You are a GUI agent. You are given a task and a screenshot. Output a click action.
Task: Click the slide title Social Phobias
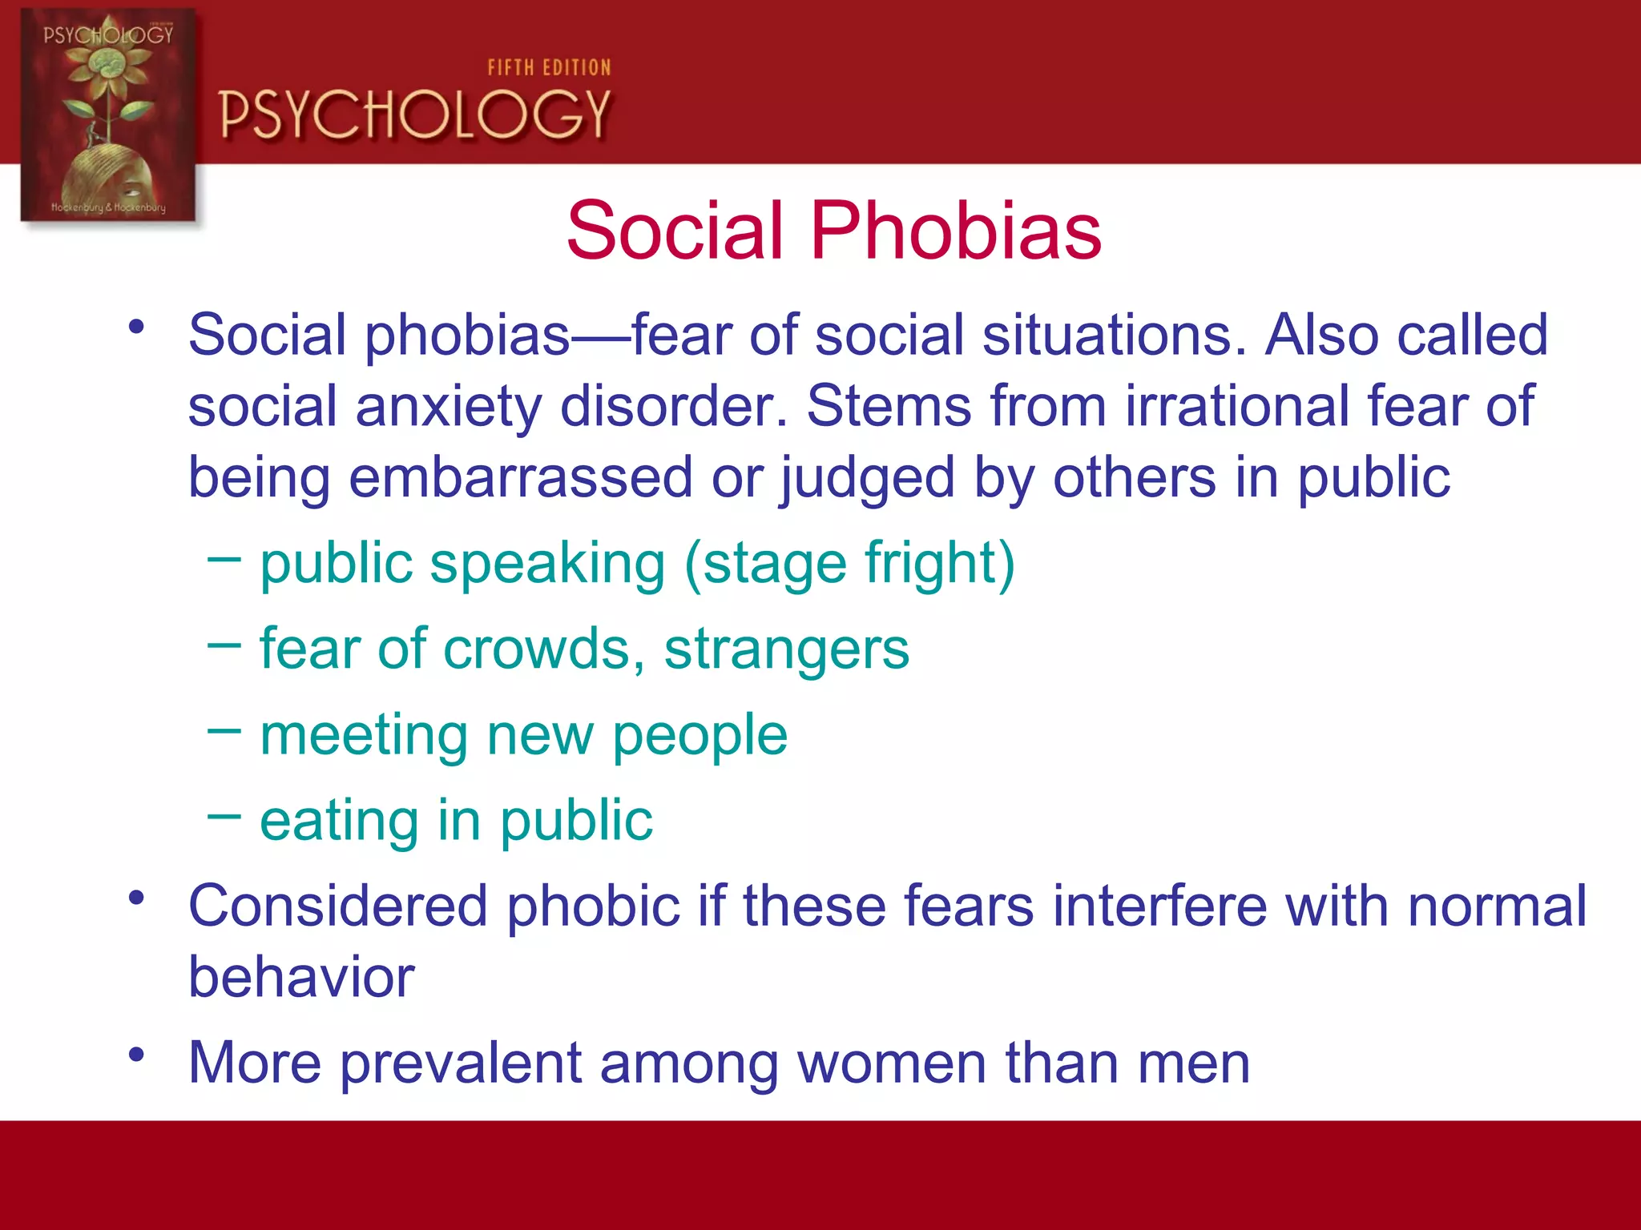click(x=833, y=231)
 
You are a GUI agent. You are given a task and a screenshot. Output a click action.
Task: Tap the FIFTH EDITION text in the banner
click(x=549, y=68)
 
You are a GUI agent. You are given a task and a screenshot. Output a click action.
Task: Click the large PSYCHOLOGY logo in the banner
click(x=415, y=115)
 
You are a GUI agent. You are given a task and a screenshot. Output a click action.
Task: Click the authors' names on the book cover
click(x=108, y=207)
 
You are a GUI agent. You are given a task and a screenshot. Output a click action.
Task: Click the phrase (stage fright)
click(x=849, y=564)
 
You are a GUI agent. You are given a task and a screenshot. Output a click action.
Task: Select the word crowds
click(x=545, y=648)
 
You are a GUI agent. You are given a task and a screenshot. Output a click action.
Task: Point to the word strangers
click(x=786, y=649)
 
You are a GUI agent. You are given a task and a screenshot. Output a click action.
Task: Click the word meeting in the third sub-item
click(x=364, y=735)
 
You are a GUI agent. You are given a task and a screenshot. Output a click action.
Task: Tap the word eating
click(x=339, y=822)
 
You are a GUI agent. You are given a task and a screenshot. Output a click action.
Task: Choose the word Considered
click(x=337, y=906)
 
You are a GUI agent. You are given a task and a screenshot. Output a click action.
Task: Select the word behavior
click(x=301, y=978)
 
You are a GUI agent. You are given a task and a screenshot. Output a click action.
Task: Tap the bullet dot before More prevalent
click(x=137, y=1054)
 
